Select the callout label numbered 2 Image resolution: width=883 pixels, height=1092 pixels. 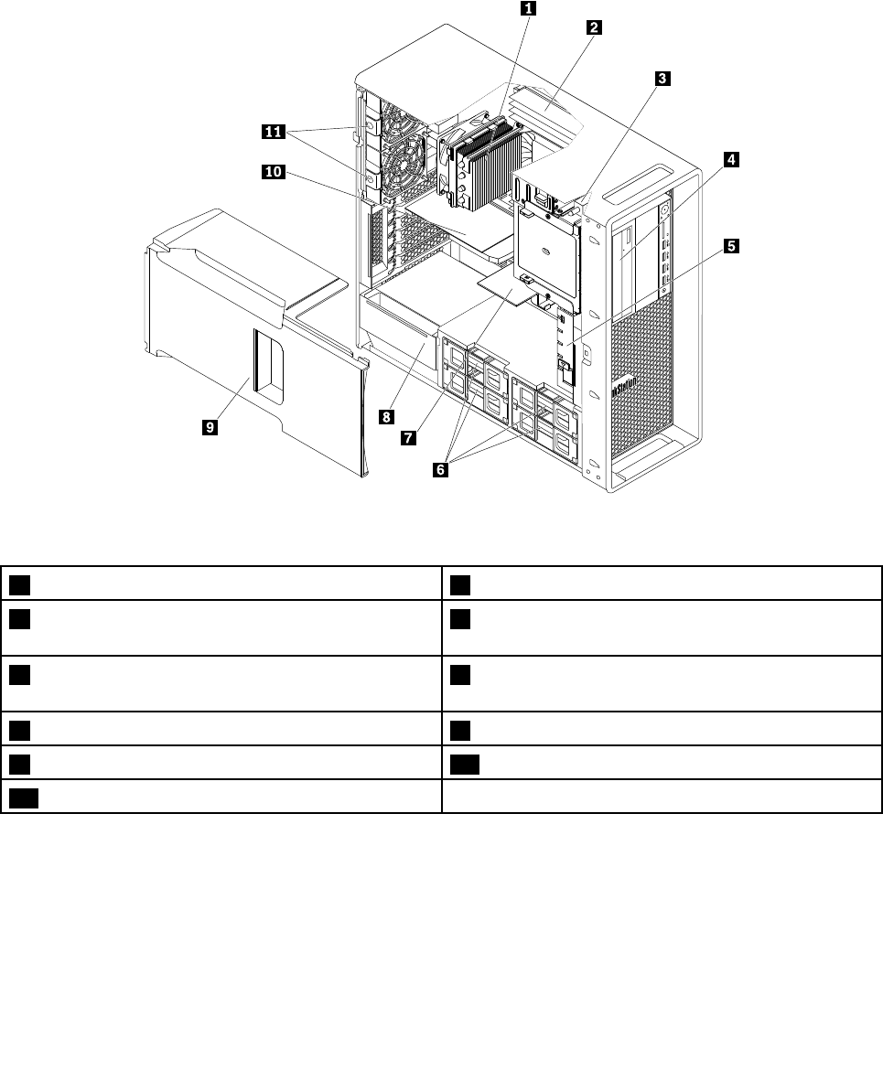[x=593, y=27]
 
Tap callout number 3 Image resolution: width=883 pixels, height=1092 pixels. [x=661, y=80]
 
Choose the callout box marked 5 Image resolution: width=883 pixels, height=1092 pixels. [x=731, y=246]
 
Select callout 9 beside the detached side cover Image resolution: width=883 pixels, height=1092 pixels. [x=210, y=426]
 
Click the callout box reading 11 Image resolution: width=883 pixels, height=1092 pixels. [x=272, y=132]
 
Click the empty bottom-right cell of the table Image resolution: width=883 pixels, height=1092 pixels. [x=662, y=797]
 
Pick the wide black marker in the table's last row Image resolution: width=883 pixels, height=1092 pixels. [x=24, y=797]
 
